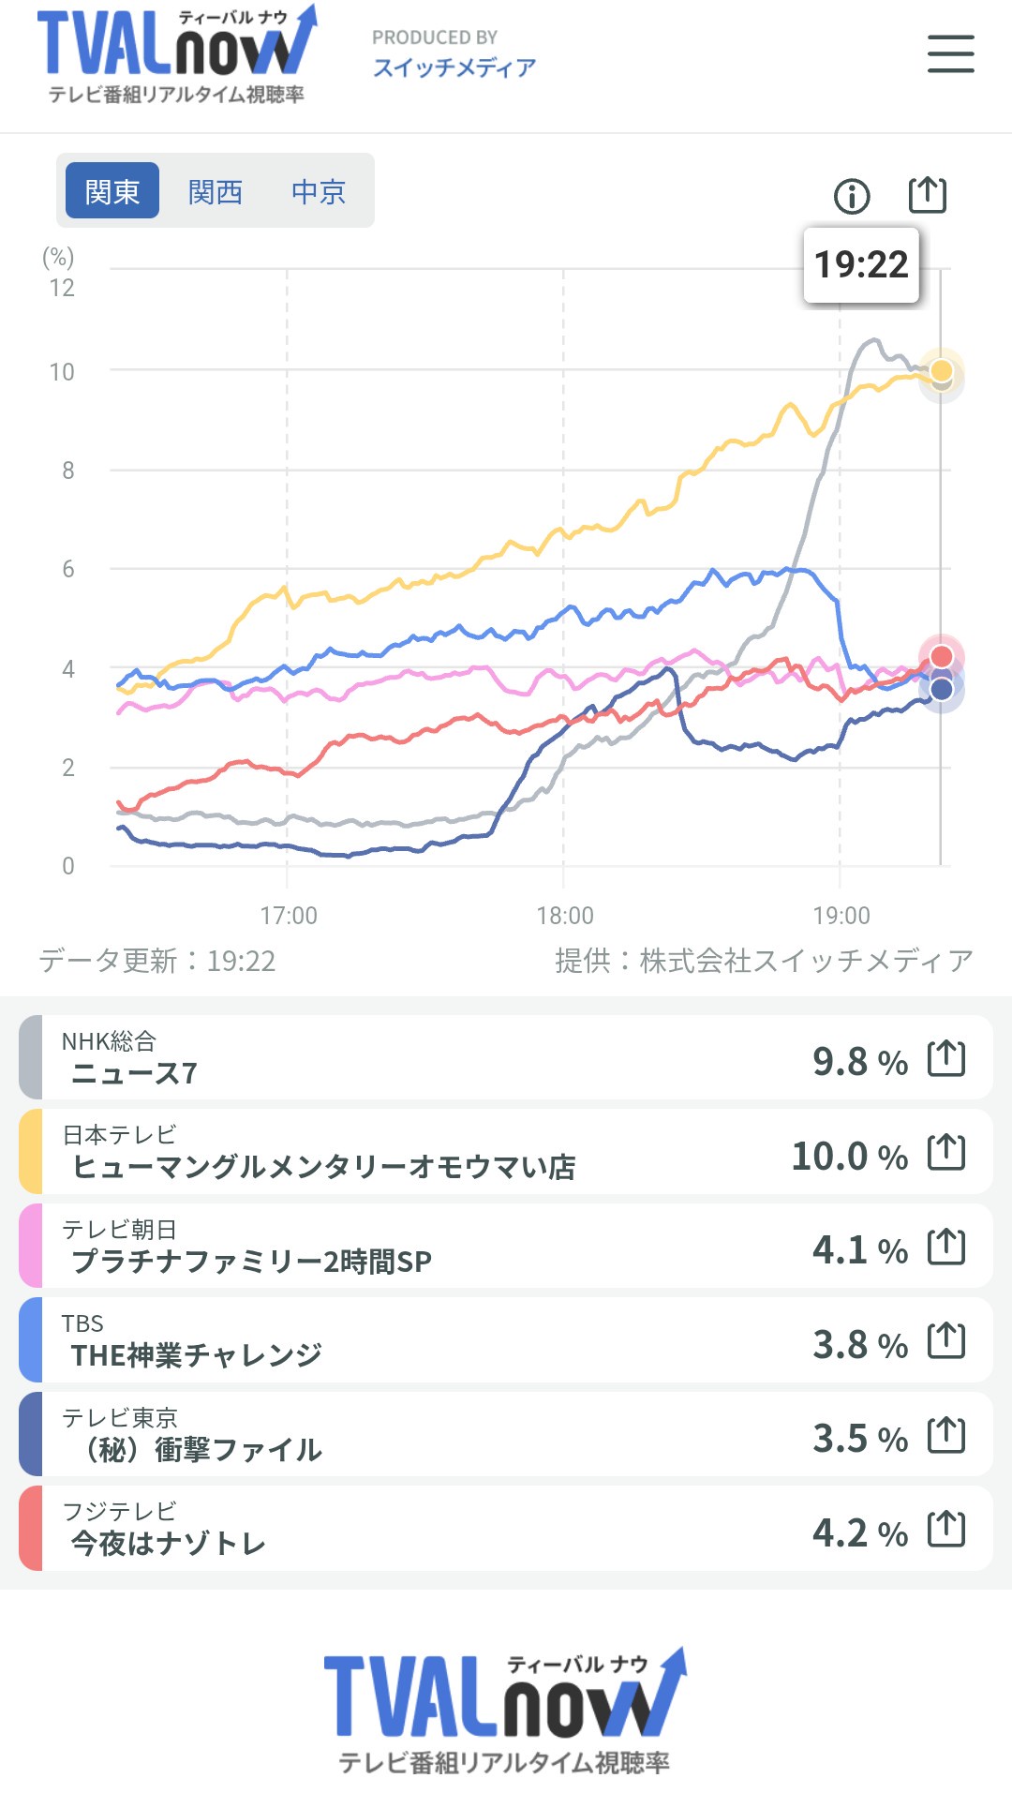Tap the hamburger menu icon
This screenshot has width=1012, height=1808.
tap(950, 53)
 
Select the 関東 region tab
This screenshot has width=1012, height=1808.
tap(112, 191)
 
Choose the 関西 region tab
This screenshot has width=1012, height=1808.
tap(216, 191)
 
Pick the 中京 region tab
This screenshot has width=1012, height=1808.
tap(319, 191)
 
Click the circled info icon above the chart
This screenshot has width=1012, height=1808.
tap(852, 196)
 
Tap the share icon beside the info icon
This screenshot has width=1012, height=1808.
tap(928, 194)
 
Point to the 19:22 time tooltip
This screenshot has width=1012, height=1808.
tap(861, 265)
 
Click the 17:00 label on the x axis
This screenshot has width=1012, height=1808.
tap(288, 915)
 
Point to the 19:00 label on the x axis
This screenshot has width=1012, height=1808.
tap(841, 915)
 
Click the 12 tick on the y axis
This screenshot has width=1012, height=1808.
tap(62, 288)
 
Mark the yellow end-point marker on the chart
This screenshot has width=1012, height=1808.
tap(942, 370)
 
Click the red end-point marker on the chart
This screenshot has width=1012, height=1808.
tap(942, 656)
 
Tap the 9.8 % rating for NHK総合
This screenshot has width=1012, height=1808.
tap(859, 1062)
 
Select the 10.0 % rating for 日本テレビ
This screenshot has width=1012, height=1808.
tap(849, 1156)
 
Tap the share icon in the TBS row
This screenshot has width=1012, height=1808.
tap(946, 1340)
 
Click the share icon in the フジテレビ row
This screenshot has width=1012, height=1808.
tap(946, 1529)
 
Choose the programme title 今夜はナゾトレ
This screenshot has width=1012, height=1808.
tap(169, 1544)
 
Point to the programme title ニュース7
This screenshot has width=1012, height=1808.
tap(134, 1073)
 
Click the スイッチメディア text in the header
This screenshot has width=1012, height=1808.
tap(454, 67)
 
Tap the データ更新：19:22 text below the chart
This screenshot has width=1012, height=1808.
tap(157, 961)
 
